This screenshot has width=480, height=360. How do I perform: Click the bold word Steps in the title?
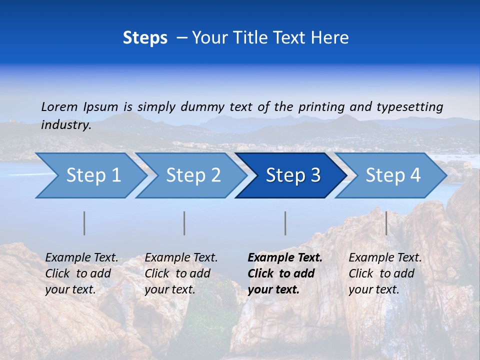[x=145, y=38]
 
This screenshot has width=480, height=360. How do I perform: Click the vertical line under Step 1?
[x=84, y=223]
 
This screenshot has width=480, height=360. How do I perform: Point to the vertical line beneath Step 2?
[x=184, y=223]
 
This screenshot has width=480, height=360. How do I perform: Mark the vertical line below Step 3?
[x=285, y=223]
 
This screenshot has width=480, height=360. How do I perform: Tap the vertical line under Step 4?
[x=386, y=223]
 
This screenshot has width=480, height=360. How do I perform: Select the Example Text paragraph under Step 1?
[x=81, y=273]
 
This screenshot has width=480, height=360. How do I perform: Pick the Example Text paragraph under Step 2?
[x=181, y=273]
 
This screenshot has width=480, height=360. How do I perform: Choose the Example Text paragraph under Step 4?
[x=385, y=273]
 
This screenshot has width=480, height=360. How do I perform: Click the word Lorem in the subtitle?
[x=59, y=106]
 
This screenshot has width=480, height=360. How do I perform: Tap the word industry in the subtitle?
[x=66, y=124]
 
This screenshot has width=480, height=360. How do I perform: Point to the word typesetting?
[x=409, y=107]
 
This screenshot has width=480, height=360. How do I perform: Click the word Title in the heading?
[x=250, y=38]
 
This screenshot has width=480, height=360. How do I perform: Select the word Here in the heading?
[x=329, y=38]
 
